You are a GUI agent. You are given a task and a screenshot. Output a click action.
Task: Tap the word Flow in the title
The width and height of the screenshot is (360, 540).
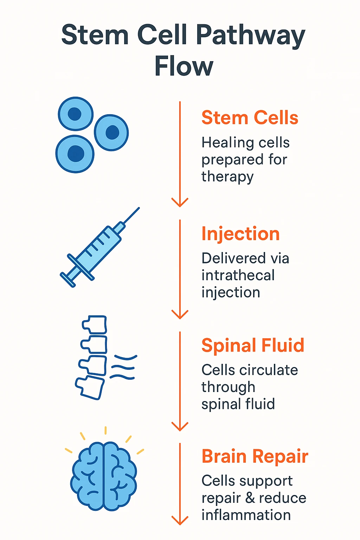(x=184, y=66)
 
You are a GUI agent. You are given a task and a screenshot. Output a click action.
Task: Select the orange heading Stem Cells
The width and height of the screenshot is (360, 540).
(x=250, y=117)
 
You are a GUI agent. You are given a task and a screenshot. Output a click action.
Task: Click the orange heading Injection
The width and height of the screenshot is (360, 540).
(x=240, y=234)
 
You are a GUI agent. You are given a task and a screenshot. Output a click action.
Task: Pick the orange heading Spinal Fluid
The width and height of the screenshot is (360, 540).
(x=252, y=345)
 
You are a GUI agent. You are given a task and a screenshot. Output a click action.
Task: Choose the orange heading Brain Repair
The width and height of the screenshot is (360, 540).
(x=255, y=456)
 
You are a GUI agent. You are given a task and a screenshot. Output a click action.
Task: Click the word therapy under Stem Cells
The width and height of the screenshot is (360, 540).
(x=227, y=176)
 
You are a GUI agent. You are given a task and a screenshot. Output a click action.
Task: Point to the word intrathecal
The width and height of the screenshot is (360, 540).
(x=238, y=275)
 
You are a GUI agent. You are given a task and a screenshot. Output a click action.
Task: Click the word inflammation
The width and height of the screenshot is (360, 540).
(x=246, y=515)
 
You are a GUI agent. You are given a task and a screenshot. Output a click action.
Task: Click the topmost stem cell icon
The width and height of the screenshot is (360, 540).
(x=75, y=114)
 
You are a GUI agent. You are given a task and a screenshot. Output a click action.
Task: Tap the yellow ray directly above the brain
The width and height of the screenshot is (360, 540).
(x=105, y=431)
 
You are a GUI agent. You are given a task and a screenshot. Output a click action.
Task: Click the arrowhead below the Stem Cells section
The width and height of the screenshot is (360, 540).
(x=180, y=202)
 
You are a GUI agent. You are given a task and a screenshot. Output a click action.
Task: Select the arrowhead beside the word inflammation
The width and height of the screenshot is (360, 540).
(x=180, y=520)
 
